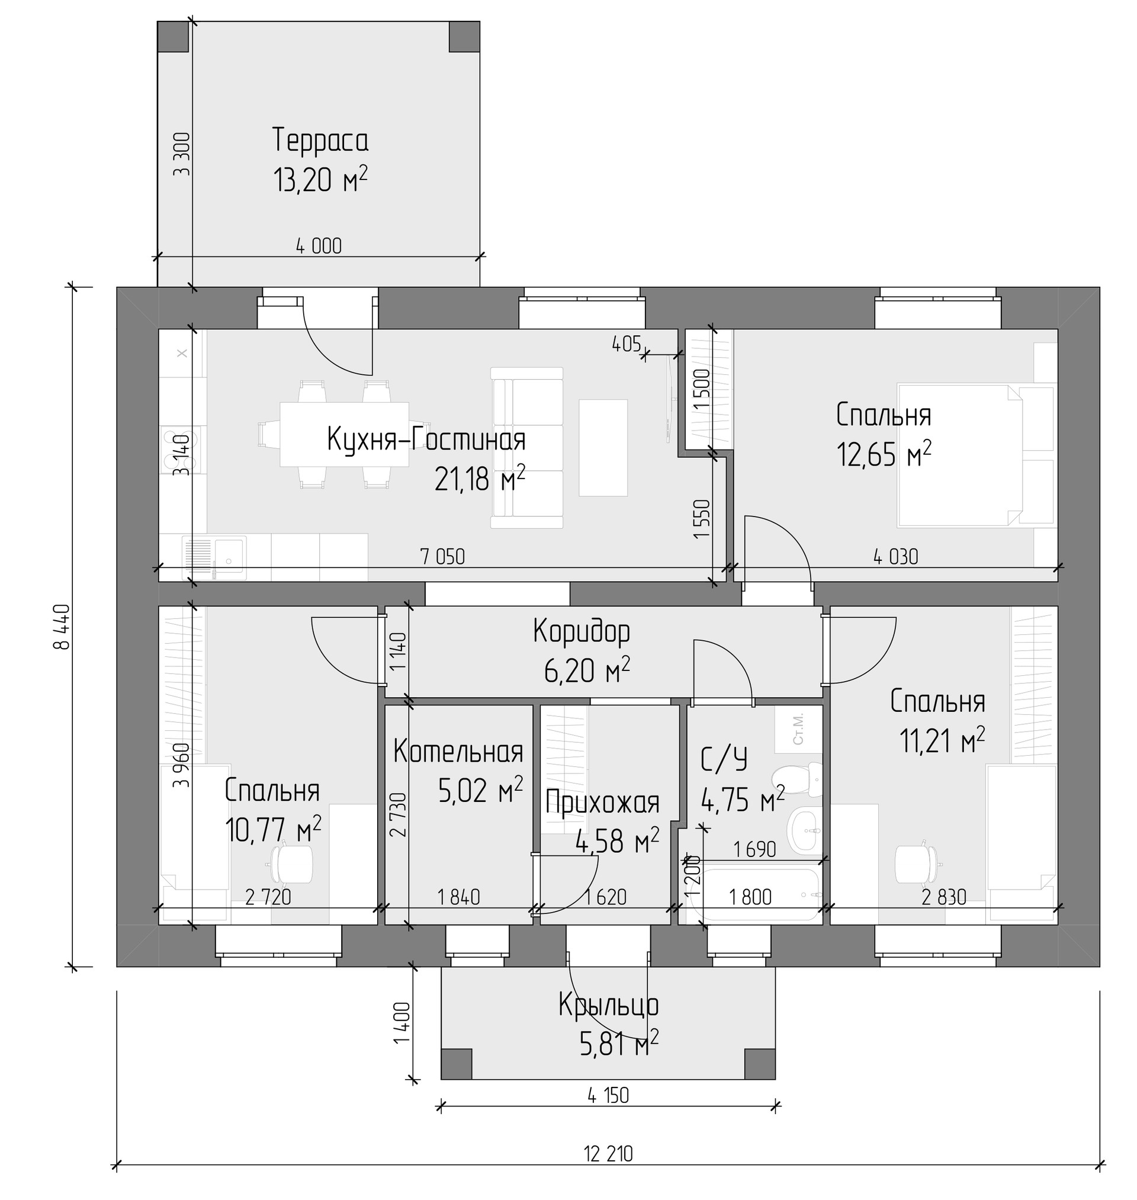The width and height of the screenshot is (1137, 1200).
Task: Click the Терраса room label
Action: (320, 140)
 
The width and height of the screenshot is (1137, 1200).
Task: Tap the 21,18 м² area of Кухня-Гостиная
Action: (480, 479)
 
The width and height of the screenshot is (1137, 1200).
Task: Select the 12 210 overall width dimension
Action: (608, 1153)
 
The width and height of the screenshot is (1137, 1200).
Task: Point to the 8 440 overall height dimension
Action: (62, 627)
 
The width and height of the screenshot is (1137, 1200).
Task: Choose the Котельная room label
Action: (458, 752)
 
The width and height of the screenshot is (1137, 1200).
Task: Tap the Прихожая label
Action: (602, 803)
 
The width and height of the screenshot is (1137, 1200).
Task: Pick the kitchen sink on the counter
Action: (214, 556)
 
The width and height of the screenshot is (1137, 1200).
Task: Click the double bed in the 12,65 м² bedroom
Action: (975, 454)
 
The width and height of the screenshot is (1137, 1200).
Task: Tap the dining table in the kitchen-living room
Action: (344, 434)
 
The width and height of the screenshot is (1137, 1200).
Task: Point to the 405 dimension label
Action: (627, 344)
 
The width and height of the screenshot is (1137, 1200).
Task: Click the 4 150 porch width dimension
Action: (608, 1095)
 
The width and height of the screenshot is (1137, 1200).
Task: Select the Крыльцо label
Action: (609, 1005)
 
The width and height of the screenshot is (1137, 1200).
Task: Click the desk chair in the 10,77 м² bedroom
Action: (291, 864)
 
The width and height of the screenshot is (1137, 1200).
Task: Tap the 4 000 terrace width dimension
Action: (319, 246)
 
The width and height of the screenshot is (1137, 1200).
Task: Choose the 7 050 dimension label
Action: (442, 556)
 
